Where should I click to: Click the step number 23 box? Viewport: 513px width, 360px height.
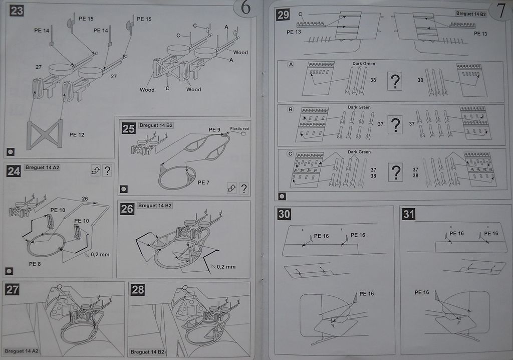(x=17, y=11)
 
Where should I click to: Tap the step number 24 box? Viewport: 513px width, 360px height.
(x=14, y=171)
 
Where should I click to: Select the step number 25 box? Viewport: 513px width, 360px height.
(x=128, y=128)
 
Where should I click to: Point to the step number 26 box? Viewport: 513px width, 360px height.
(x=127, y=209)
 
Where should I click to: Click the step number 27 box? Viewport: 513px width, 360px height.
(x=12, y=289)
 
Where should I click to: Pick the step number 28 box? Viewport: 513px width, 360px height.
(x=137, y=289)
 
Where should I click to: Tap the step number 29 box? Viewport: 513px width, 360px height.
(x=283, y=15)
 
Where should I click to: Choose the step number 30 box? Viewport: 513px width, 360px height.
(x=284, y=214)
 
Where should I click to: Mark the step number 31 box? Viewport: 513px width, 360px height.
(x=408, y=214)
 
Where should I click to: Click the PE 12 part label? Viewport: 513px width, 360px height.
(x=77, y=134)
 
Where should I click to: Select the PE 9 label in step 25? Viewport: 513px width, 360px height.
(x=214, y=130)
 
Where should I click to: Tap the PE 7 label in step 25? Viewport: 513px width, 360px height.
(x=204, y=183)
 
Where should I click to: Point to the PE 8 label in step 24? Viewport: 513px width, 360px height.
(x=35, y=264)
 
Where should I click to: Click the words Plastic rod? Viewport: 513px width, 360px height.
(x=239, y=129)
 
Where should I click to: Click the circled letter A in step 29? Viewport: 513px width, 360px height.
(x=291, y=65)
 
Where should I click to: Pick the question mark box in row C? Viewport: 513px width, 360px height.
(x=395, y=172)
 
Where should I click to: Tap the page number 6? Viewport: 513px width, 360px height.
(x=245, y=8)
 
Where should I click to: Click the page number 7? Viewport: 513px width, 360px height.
(x=500, y=11)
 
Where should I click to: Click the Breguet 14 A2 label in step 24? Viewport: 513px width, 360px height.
(x=42, y=167)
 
